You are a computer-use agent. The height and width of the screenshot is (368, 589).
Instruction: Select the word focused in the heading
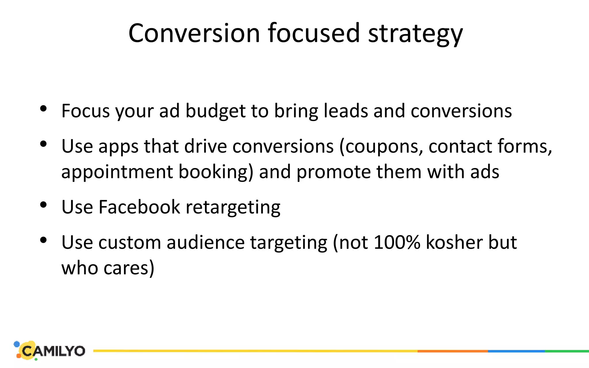point(314,33)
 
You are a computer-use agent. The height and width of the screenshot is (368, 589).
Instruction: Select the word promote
point(334,172)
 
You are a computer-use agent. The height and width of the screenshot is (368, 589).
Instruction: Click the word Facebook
point(139,207)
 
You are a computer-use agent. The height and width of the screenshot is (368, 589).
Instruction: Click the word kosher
point(454,242)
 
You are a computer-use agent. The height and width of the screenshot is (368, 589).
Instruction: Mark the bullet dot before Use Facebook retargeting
point(43,205)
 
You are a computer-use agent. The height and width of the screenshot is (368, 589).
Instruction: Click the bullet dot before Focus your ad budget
point(43,109)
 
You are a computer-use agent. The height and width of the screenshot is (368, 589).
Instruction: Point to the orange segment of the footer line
point(452,351)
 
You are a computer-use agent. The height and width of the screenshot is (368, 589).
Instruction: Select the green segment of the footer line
point(567,351)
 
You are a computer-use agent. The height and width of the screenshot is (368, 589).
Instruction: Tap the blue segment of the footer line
point(516,351)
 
